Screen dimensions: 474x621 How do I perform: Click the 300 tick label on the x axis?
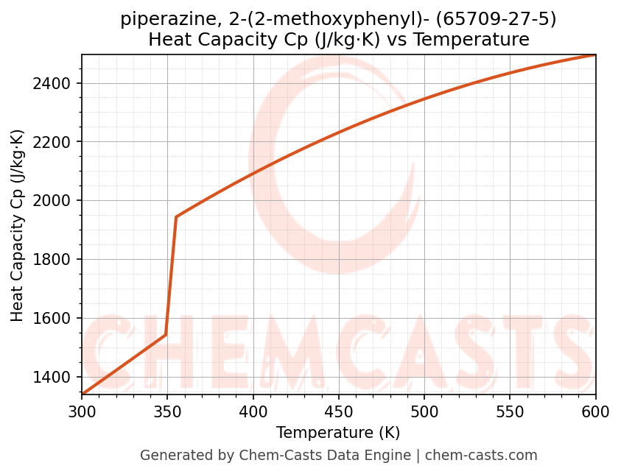(82, 413)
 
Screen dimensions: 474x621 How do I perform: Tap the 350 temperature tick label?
(167, 413)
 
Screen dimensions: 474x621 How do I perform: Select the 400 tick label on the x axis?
(253, 413)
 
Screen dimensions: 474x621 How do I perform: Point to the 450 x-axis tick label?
(339, 413)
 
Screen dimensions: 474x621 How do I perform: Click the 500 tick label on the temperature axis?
(424, 413)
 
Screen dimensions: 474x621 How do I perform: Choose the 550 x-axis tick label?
(510, 413)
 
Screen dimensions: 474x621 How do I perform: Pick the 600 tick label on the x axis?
(595, 413)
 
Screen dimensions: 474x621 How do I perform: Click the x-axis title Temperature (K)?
(338, 433)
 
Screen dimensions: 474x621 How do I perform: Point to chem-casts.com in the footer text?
(481, 456)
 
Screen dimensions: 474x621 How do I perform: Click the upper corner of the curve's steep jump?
(176, 216)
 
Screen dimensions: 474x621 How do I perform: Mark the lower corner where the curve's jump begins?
(166, 335)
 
